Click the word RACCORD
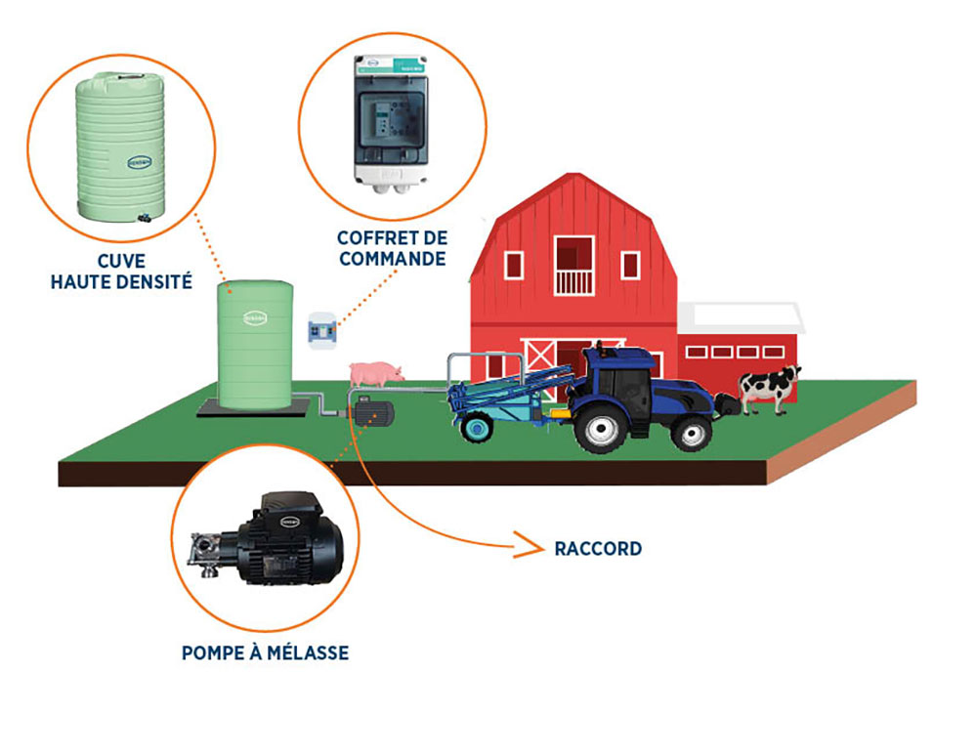[598, 549]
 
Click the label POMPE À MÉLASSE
[265, 652]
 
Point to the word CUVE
[122, 262]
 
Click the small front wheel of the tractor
[693, 431]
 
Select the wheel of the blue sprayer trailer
[476, 427]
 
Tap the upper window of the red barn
[573, 264]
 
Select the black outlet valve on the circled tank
[144, 216]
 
